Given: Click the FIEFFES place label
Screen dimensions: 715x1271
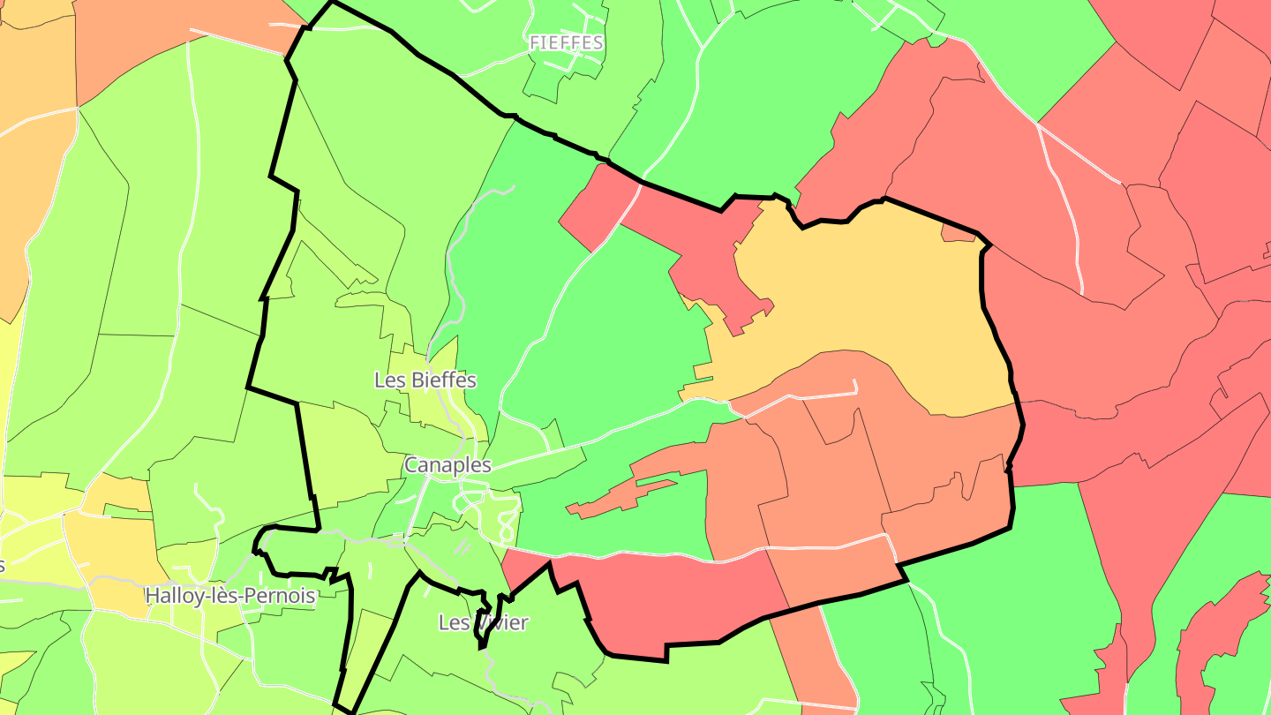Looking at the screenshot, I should click(x=566, y=42).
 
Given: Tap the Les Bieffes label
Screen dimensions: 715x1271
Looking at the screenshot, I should click(x=425, y=380).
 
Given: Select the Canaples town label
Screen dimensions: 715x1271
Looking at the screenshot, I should click(x=447, y=465).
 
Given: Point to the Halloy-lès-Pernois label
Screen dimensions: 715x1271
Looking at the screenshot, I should click(x=229, y=596).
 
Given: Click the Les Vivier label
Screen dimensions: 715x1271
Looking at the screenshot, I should click(x=483, y=623).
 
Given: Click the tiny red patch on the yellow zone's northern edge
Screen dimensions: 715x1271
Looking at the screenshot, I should click(x=958, y=233).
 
